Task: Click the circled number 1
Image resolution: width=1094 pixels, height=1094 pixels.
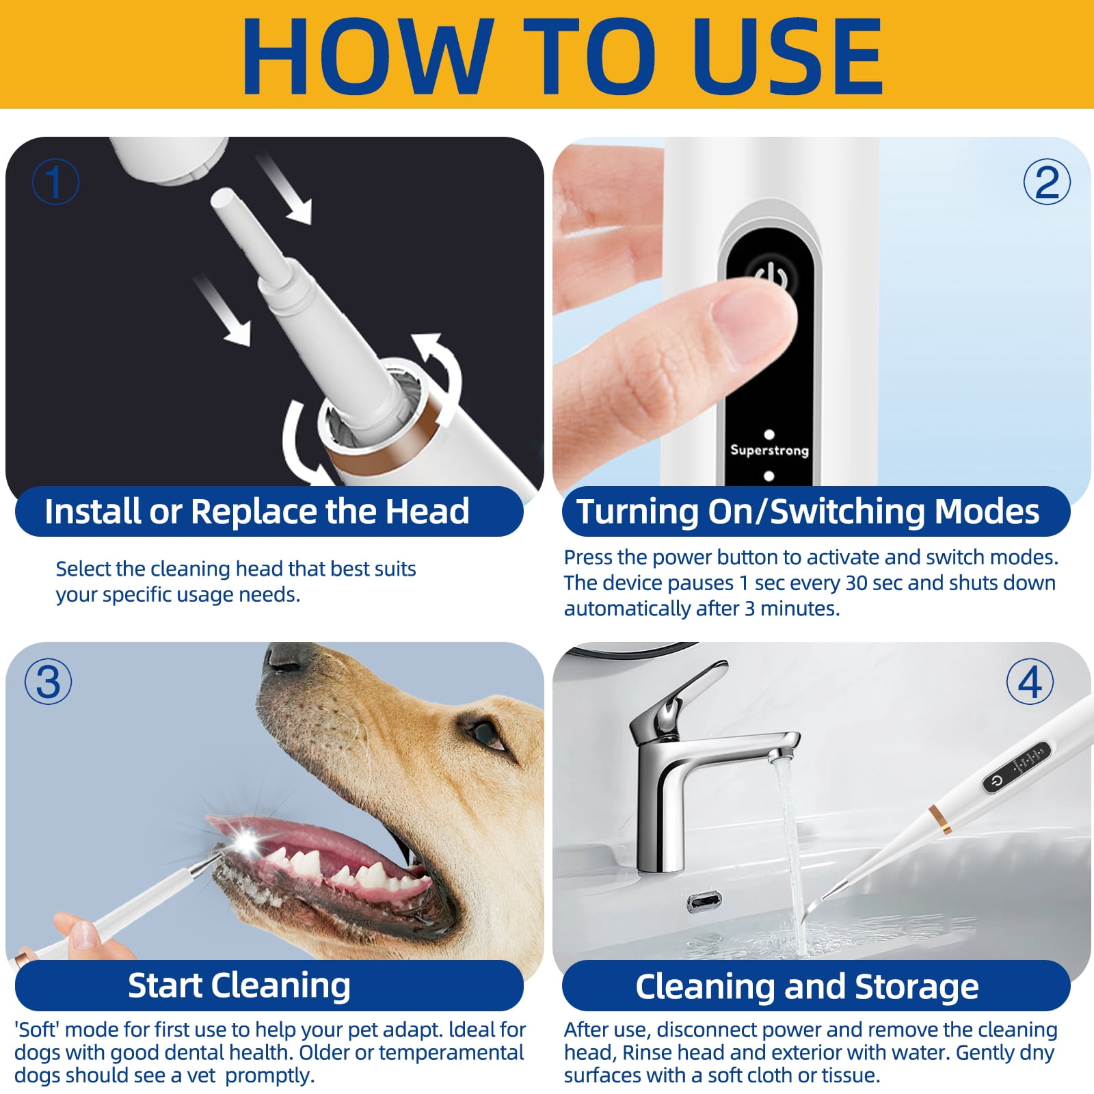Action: click(55, 182)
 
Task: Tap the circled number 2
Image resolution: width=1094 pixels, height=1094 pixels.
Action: click(1046, 182)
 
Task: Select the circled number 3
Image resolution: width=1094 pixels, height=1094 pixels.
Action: click(48, 682)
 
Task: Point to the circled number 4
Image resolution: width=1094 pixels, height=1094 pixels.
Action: click(1030, 682)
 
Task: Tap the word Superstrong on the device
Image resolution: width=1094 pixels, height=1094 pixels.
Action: click(769, 450)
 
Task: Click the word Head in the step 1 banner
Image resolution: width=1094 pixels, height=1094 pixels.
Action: click(427, 511)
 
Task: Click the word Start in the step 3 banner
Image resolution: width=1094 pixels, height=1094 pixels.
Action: click(165, 985)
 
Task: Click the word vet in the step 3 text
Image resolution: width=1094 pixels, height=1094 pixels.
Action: click(202, 1076)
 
